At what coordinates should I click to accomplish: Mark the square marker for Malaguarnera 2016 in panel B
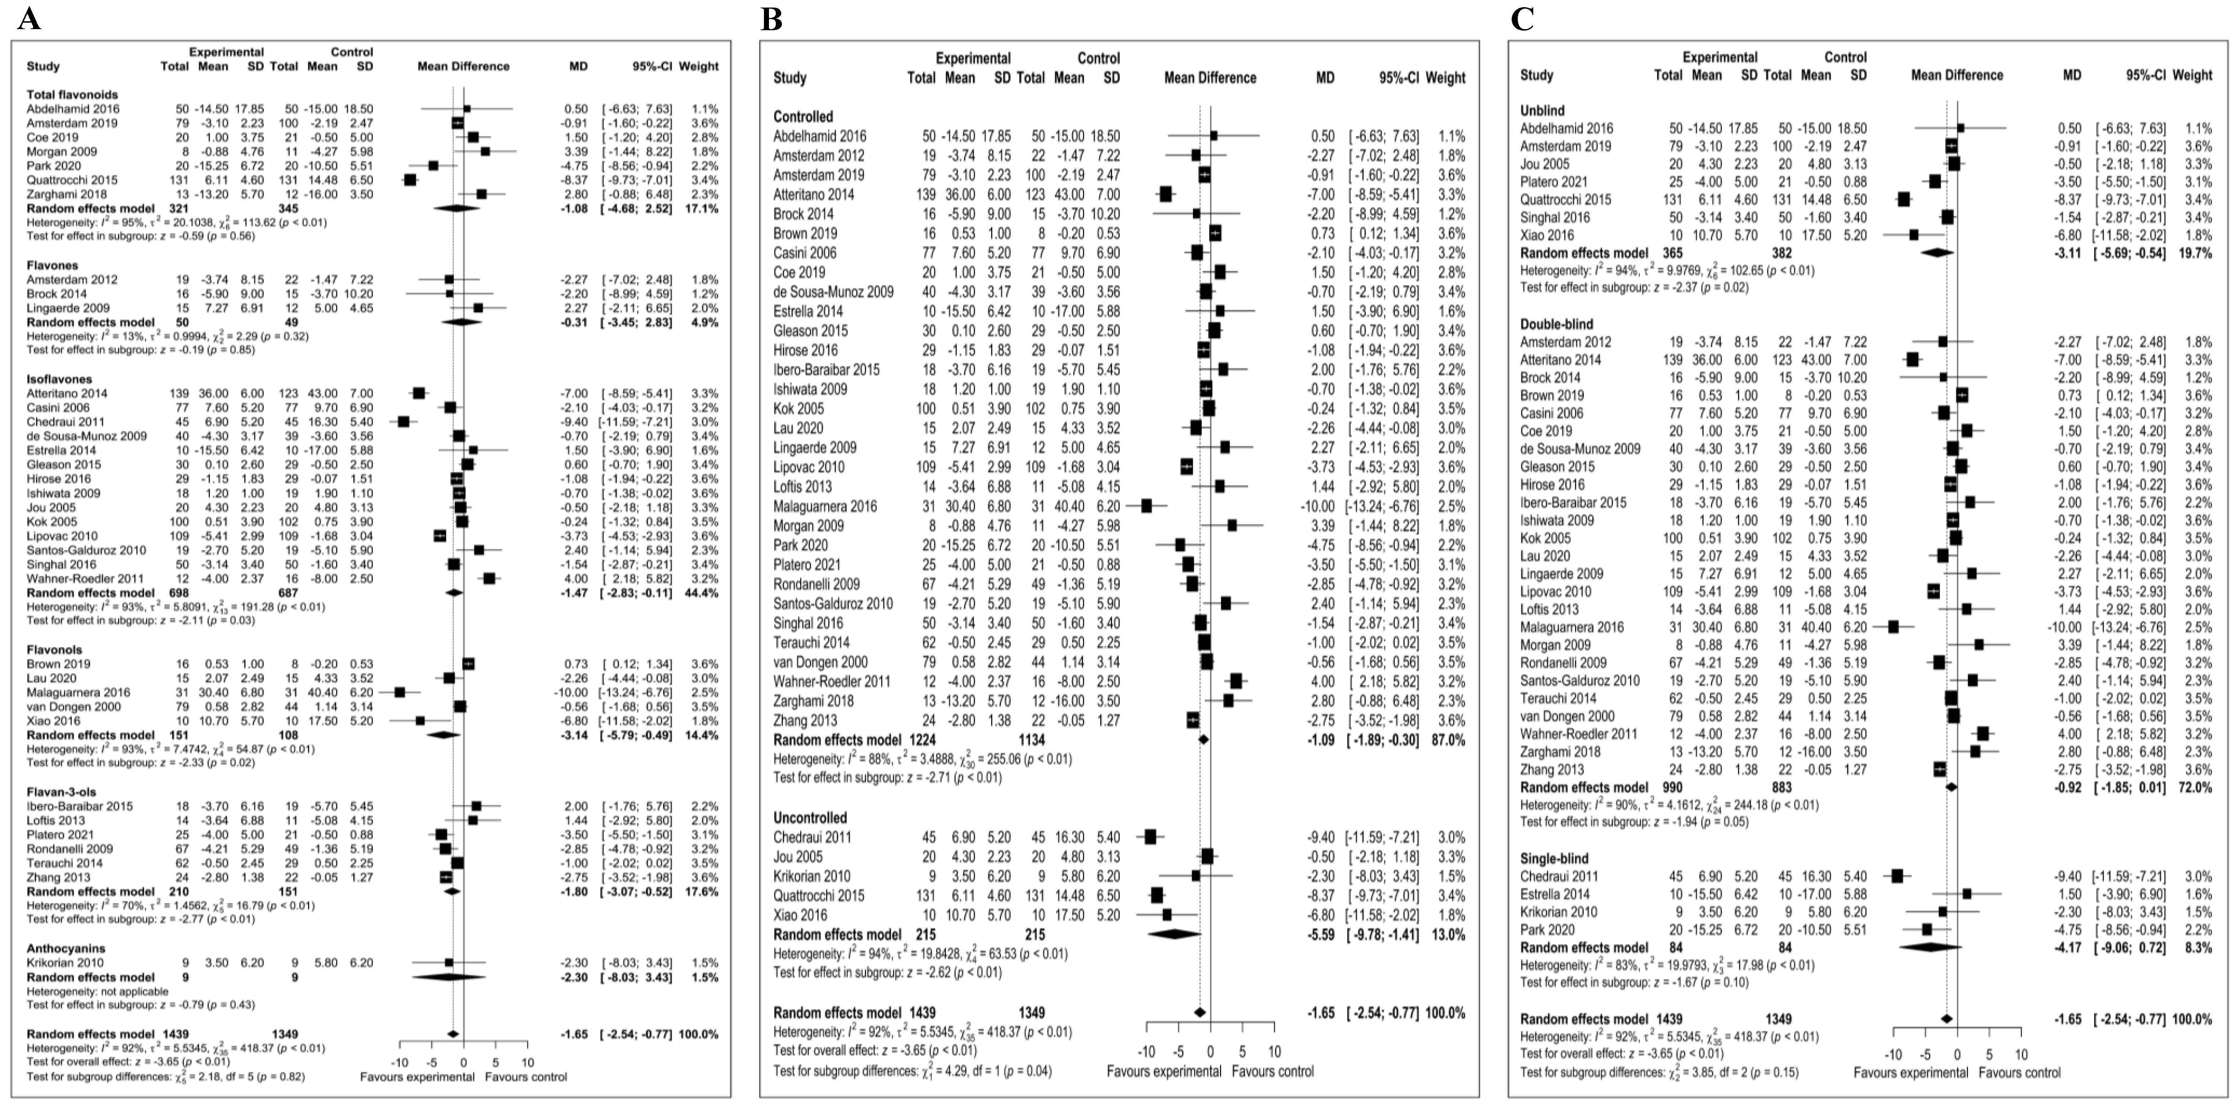1146,506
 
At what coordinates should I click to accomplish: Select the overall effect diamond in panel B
1200,1013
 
